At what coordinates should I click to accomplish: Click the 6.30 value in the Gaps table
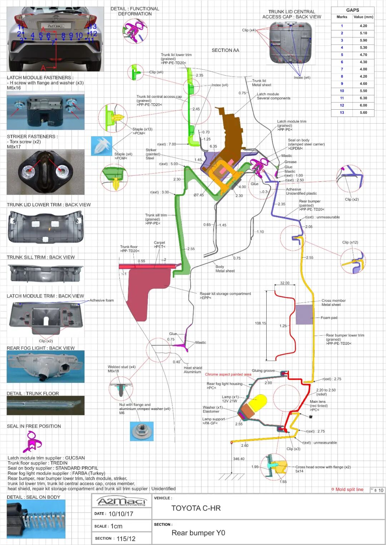point(363,98)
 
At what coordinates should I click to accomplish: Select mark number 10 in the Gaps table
point(342,91)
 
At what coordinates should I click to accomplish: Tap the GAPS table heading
point(352,10)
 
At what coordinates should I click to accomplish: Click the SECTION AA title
point(225,50)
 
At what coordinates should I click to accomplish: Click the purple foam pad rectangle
point(304,314)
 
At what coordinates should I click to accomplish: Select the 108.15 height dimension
point(260,323)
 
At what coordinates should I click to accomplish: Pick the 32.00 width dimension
point(285,283)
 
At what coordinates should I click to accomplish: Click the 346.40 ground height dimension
point(239,459)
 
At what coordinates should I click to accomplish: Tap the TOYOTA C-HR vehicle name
point(196,508)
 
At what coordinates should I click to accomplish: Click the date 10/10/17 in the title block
point(121,514)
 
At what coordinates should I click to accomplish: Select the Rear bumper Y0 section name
point(198,533)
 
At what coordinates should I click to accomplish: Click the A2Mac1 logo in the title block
point(122,501)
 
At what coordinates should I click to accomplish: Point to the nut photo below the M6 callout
point(142,431)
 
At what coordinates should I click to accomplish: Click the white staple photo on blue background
point(102,146)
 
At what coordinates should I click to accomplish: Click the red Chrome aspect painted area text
point(228,374)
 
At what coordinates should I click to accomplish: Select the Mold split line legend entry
point(349,489)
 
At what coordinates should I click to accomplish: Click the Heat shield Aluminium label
point(193,370)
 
